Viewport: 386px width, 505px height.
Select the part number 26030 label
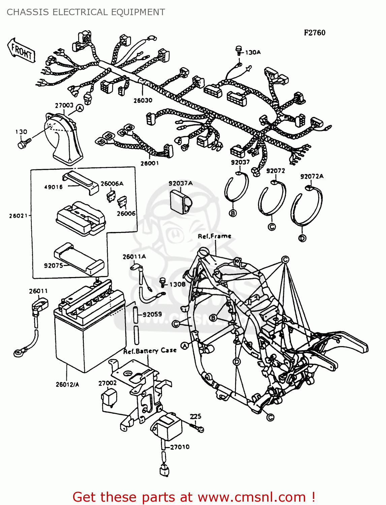pos(143,100)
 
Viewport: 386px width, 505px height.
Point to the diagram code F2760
pos(315,33)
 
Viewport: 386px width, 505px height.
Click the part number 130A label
pos(253,53)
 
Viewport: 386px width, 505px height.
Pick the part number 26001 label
pos(150,163)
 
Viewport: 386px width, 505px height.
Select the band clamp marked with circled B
pos(236,187)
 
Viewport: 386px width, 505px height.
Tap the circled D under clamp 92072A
pos(302,238)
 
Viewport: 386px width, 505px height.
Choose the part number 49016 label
pos(53,187)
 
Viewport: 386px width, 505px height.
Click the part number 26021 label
pos(18,216)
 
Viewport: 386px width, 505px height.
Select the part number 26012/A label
pos(67,384)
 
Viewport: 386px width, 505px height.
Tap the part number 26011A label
pos(134,257)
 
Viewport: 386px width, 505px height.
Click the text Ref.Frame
pos(215,236)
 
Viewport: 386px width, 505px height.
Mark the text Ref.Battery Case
pos(150,351)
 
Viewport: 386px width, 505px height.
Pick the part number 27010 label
pos(180,447)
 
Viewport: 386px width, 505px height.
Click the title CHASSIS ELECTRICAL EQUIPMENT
pos(86,12)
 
